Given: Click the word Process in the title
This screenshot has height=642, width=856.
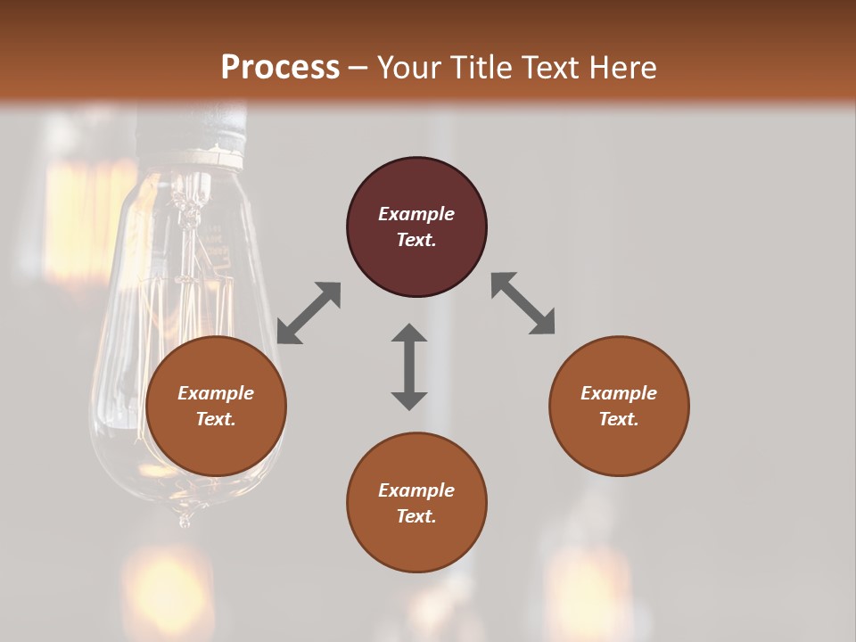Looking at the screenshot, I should tap(280, 68).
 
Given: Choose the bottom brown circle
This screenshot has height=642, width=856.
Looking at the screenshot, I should tap(416, 539).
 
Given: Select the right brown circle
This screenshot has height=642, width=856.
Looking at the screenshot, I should tap(619, 441).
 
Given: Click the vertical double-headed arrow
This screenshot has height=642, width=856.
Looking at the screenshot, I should tap(409, 366).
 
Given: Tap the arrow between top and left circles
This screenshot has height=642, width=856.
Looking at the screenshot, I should tap(309, 313).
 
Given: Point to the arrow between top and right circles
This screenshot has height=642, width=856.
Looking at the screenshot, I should tap(523, 303).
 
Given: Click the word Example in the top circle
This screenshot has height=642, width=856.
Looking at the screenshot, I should tap(416, 214).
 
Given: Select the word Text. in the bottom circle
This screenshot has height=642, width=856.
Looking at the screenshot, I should tap(416, 516).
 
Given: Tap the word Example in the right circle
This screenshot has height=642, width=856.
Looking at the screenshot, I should tap(619, 393).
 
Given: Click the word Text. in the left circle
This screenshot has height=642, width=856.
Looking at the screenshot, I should tap(216, 419).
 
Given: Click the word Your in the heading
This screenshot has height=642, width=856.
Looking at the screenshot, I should tap(408, 68).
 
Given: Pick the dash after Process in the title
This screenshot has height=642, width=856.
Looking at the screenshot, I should tap(358, 69).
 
